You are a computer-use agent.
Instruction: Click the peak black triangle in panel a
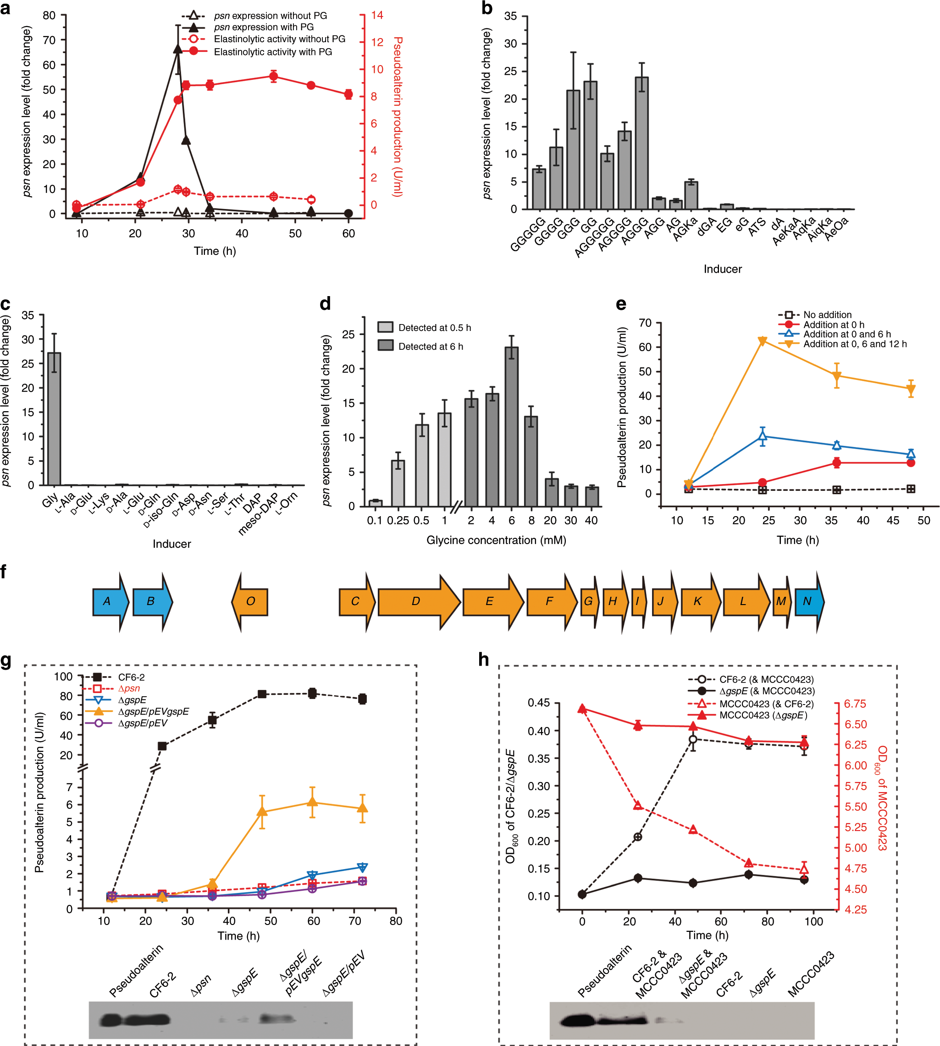[x=177, y=49]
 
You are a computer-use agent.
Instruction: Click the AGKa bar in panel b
[x=691, y=196]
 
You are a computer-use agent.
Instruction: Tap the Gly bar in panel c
[x=54, y=418]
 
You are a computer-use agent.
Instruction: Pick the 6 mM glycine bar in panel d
[x=511, y=426]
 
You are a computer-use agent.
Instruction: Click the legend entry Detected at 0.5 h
[x=424, y=327]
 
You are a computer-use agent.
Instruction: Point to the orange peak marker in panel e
[x=763, y=341]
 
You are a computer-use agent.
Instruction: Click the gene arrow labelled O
[x=250, y=601]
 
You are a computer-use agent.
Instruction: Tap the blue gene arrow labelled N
[x=809, y=601]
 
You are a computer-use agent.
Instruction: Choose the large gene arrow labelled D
[x=417, y=601]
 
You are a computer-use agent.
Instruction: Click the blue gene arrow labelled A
[x=110, y=601]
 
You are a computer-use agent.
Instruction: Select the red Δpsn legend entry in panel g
[x=128, y=688]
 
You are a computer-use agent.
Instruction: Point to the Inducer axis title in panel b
[x=722, y=269]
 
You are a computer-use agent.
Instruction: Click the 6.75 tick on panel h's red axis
[x=855, y=704]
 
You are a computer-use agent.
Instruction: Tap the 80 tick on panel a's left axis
[x=49, y=16]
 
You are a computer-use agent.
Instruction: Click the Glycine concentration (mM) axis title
[x=496, y=540]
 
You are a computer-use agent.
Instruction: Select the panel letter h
[x=483, y=659]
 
